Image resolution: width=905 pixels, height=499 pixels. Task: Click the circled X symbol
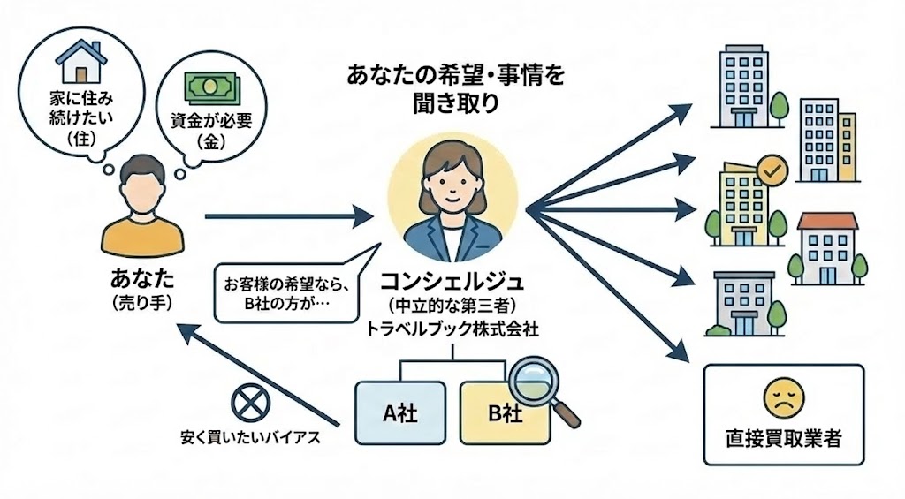click(x=246, y=403)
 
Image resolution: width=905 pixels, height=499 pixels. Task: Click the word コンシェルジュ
click(x=452, y=282)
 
